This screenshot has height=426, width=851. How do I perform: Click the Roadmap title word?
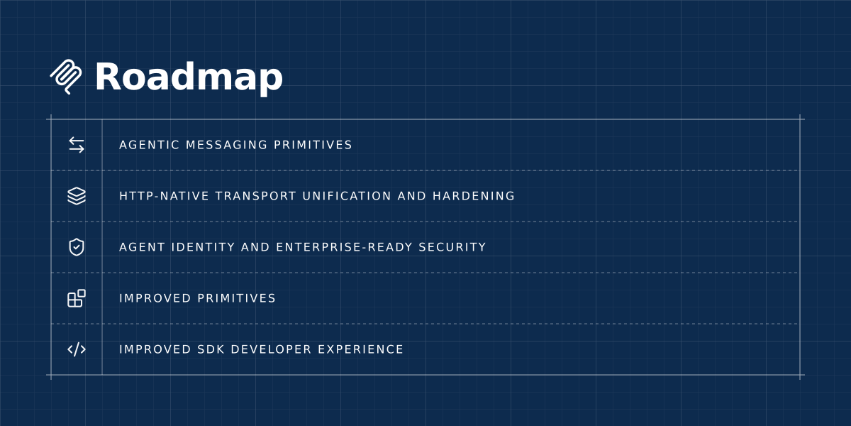click(x=189, y=77)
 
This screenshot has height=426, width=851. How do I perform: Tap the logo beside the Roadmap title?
click(x=66, y=77)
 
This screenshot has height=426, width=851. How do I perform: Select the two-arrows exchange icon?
click(x=77, y=145)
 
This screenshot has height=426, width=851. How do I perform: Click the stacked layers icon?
click(x=77, y=196)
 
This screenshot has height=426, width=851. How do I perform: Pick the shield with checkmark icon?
click(x=77, y=247)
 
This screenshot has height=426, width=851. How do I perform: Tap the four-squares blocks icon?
click(x=77, y=298)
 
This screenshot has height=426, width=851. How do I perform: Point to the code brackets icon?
click(x=77, y=349)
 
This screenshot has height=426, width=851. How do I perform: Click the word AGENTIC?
click(x=149, y=145)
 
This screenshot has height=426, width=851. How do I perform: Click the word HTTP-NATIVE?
click(x=164, y=196)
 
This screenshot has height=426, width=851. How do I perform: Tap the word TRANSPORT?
click(x=255, y=196)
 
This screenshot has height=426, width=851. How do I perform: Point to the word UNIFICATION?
click(x=347, y=196)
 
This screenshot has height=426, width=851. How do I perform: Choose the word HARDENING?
click(x=474, y=196)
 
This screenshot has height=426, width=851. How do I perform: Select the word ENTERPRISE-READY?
click(x=344, y=247)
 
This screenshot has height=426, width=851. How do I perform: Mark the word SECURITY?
click(x=452, y=247)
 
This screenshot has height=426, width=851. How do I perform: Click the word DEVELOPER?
click(x=271, y=349)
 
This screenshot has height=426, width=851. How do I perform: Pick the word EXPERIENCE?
click(x=360, y=349)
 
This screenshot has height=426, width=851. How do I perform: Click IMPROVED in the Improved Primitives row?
click(x=155, y=298)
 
